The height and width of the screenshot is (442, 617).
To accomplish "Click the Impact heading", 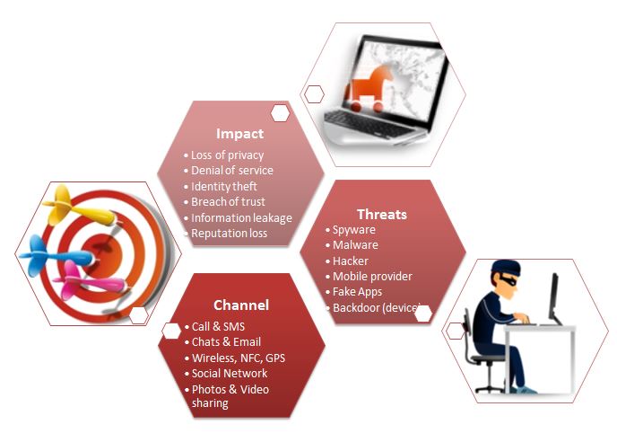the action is (x=239, y=134).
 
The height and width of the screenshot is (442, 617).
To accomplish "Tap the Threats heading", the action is (x=382, y=214).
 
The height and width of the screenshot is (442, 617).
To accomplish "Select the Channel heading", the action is (x=241, y=305).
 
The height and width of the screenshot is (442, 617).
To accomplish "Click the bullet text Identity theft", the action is (x=224, y=186).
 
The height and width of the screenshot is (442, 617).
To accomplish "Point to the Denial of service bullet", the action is (x=231, y=171).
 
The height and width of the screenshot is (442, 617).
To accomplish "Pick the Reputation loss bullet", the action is (x=229, y=233).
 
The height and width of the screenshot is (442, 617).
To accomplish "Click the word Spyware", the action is (x=353, y=230).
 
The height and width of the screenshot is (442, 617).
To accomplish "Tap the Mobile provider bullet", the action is (x=372, y=276).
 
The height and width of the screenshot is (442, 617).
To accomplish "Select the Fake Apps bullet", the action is (x=357, y=292).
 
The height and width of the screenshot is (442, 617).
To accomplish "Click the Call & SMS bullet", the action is (x=218, y=326).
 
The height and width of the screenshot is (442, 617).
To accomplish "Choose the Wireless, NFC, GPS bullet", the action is (x=238, y=358).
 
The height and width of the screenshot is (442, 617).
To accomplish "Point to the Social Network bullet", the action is (x=230, y=374).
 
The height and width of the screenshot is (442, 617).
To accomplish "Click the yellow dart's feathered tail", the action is (x=58, y=204).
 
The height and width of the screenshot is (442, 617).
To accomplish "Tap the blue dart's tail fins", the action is (x=34, y=255).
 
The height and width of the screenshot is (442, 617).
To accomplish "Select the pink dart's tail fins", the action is (x=67, y=280).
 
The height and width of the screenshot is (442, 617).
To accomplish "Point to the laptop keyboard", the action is (x=367, y=123).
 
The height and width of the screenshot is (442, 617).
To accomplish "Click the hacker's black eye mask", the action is (x=508, y=280).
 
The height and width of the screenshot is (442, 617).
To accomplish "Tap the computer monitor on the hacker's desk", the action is (x=554, y=296).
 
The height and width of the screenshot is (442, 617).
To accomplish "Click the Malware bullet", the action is (x=355, y=245).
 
